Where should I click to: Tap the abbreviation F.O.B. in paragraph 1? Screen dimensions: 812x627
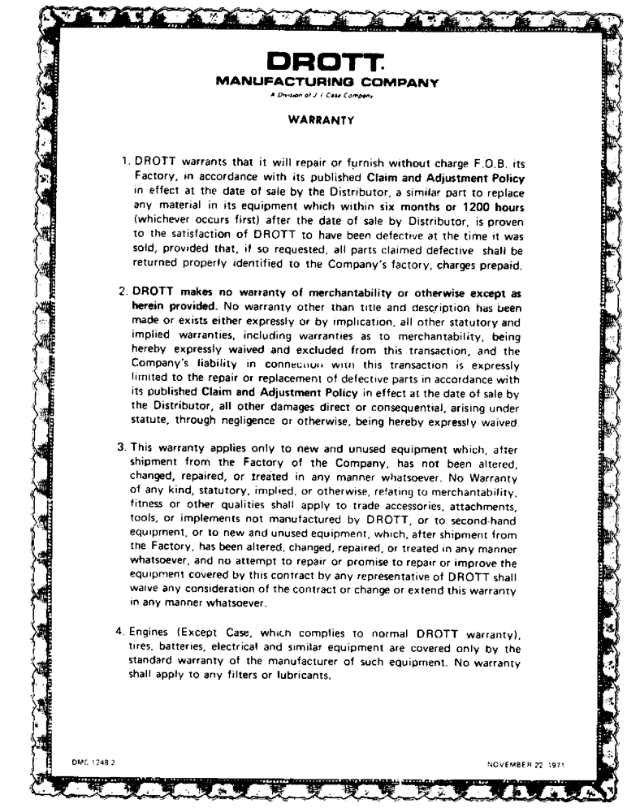click(x=476, y=162)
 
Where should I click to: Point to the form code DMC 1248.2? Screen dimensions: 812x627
click(x=92, y=762)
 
